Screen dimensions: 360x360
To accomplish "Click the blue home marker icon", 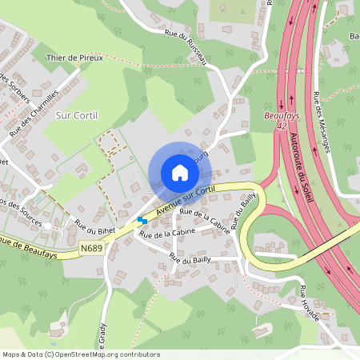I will pyautogui.click(x=180, y=172).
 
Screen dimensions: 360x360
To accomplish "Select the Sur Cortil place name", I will pyautogui.click(x=77, y=115).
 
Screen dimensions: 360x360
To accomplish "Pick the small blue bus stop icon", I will pyautogui.click(x=142, y=220).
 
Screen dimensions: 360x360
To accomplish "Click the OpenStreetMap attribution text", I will pyautogui.click(x=80, y=354).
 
